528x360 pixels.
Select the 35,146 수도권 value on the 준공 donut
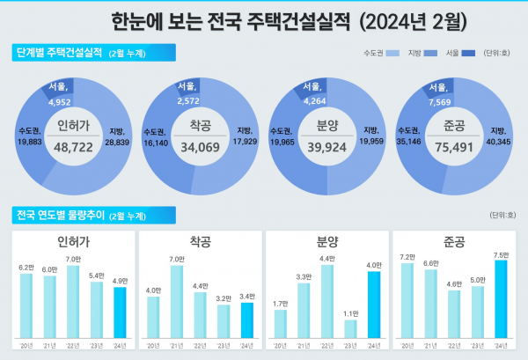(x=406, y=139)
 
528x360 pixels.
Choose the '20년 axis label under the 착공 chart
(x=154, y=346)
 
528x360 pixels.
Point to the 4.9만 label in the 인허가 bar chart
(x=120, y=281)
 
